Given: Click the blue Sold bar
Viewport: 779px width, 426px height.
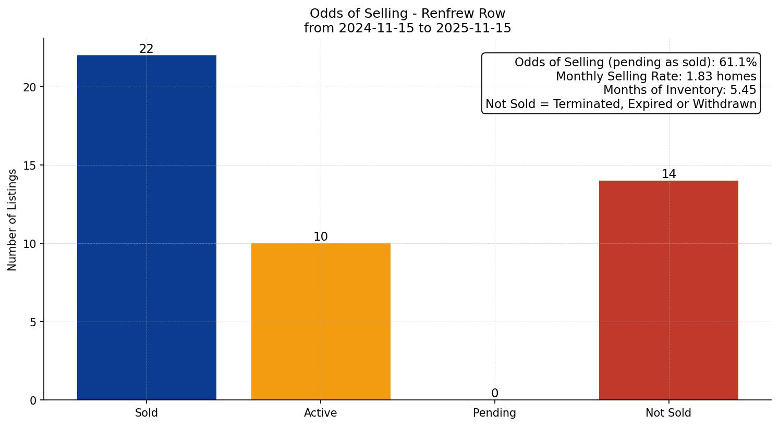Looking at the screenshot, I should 147,228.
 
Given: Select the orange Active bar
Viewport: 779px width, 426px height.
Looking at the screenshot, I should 321,322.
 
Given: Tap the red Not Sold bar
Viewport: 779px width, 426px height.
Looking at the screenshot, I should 668,290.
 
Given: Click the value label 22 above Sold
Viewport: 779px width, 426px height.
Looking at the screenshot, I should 147,49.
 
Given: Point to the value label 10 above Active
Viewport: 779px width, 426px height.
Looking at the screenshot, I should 321,237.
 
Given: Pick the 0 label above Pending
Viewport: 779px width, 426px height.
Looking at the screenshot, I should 495,394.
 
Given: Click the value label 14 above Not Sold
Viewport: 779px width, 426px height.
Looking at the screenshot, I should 668,174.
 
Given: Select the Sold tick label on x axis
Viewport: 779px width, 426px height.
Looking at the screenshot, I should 147,413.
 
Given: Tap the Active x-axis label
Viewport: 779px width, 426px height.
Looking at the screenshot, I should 321,413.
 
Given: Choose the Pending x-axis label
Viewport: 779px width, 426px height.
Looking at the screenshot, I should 494,413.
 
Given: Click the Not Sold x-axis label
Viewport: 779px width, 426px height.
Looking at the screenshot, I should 668,413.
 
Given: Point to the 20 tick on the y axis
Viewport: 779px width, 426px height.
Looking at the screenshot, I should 30,87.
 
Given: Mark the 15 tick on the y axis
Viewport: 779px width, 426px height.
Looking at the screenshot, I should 30,165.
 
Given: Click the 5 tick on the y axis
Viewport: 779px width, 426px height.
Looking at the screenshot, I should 33,322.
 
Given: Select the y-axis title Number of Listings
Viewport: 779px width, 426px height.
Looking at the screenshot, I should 13,220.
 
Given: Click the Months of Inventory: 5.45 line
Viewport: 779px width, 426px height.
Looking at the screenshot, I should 679,90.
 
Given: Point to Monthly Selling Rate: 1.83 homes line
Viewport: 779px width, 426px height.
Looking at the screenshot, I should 656,76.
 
